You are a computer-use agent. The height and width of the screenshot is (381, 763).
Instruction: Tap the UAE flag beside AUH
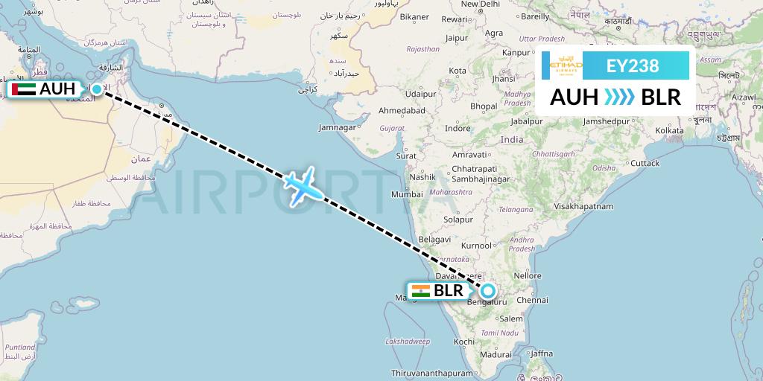coord(24,89)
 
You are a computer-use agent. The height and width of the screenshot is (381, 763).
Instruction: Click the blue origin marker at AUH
coord(97,89)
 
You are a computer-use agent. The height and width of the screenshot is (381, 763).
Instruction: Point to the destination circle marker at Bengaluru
coord(489,290)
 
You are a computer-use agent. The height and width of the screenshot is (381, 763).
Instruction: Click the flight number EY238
coord(633,65)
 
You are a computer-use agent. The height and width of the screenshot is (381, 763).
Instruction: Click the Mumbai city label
coord(407,194)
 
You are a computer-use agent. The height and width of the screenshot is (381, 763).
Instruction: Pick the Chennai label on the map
coord(532,301)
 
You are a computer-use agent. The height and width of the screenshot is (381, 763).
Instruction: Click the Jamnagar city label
coord(337,127)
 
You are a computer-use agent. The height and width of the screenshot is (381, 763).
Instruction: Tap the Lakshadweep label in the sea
coord(408,341)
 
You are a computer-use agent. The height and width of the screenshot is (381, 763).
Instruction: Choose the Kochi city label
coord(463,341)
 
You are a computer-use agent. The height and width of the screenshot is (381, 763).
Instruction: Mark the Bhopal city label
coord(484,106)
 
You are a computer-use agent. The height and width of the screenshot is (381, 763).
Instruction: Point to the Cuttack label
coord(645,163)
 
